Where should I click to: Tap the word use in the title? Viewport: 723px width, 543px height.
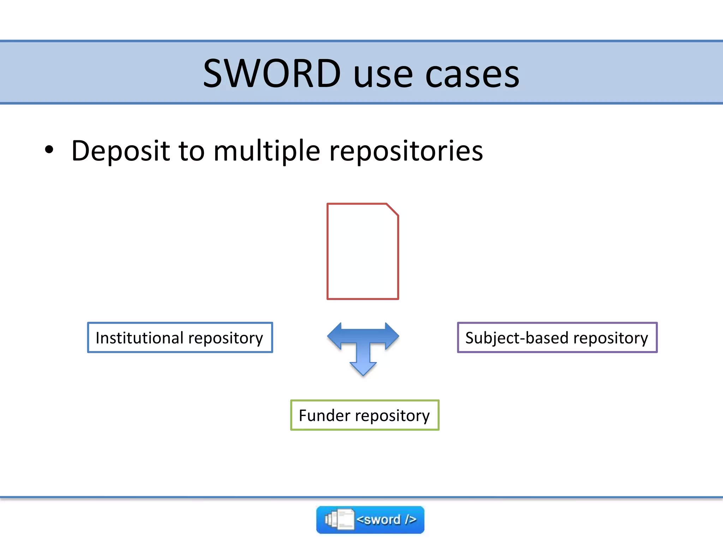pos(383,75)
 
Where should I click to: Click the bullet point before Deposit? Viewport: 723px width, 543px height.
pos(49,150)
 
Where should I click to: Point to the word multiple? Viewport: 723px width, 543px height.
pos(267,151)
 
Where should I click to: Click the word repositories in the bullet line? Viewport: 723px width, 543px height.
pos(406,151)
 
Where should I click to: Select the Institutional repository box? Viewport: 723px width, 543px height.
pos(180,338)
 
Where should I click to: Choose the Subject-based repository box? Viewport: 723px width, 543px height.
pos(557,338)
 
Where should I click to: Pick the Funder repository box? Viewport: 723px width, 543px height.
pos(364,415)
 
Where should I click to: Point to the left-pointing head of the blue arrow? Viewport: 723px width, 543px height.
pos(334,336)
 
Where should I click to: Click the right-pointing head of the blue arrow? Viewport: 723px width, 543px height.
pos(392,336)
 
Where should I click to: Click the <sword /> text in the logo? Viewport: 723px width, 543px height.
pos(386,520)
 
